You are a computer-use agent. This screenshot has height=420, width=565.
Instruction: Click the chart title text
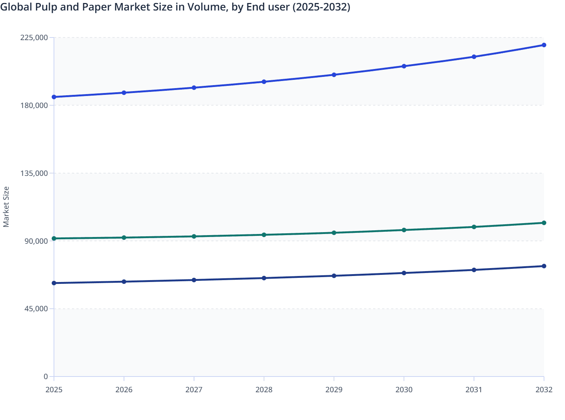point(175,7)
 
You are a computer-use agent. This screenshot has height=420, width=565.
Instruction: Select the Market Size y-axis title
point(6,207)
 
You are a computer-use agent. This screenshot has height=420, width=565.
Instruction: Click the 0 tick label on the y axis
point(46,376)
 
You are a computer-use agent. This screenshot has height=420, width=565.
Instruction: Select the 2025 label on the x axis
point(54,390)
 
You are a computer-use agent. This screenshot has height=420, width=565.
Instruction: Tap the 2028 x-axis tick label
point(264,390)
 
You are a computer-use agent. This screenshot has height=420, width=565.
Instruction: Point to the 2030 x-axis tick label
point(404,390)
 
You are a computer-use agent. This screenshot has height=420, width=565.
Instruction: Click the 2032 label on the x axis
point(544,390)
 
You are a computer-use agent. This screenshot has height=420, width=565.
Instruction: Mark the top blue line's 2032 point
point(544,45)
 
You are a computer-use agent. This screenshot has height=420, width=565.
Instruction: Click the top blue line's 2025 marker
point(54,97)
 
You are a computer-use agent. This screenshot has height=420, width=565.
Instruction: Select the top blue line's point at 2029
point(334,75)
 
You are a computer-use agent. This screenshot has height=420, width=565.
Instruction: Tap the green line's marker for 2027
point(194,236)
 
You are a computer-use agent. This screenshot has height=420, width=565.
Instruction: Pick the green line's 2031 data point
point(474,227)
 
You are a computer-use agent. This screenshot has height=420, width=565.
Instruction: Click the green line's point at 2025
point(54,238)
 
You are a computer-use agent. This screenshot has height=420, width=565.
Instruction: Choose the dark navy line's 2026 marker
point(124,282)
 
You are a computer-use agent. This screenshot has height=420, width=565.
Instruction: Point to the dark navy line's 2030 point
point(404,273)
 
